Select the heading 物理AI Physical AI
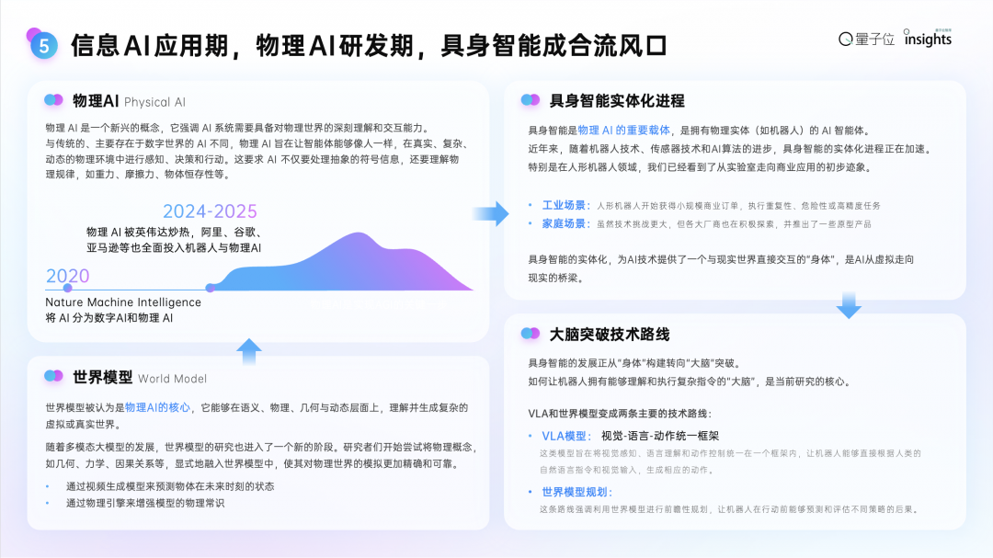point(129,101)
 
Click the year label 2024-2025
point(210,211)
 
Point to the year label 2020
point(67,276)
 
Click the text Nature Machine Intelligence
point(123,302)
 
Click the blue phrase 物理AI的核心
point(157,407)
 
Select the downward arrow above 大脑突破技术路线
point(849,305)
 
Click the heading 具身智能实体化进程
point(616,101)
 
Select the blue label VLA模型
point(565,436)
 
